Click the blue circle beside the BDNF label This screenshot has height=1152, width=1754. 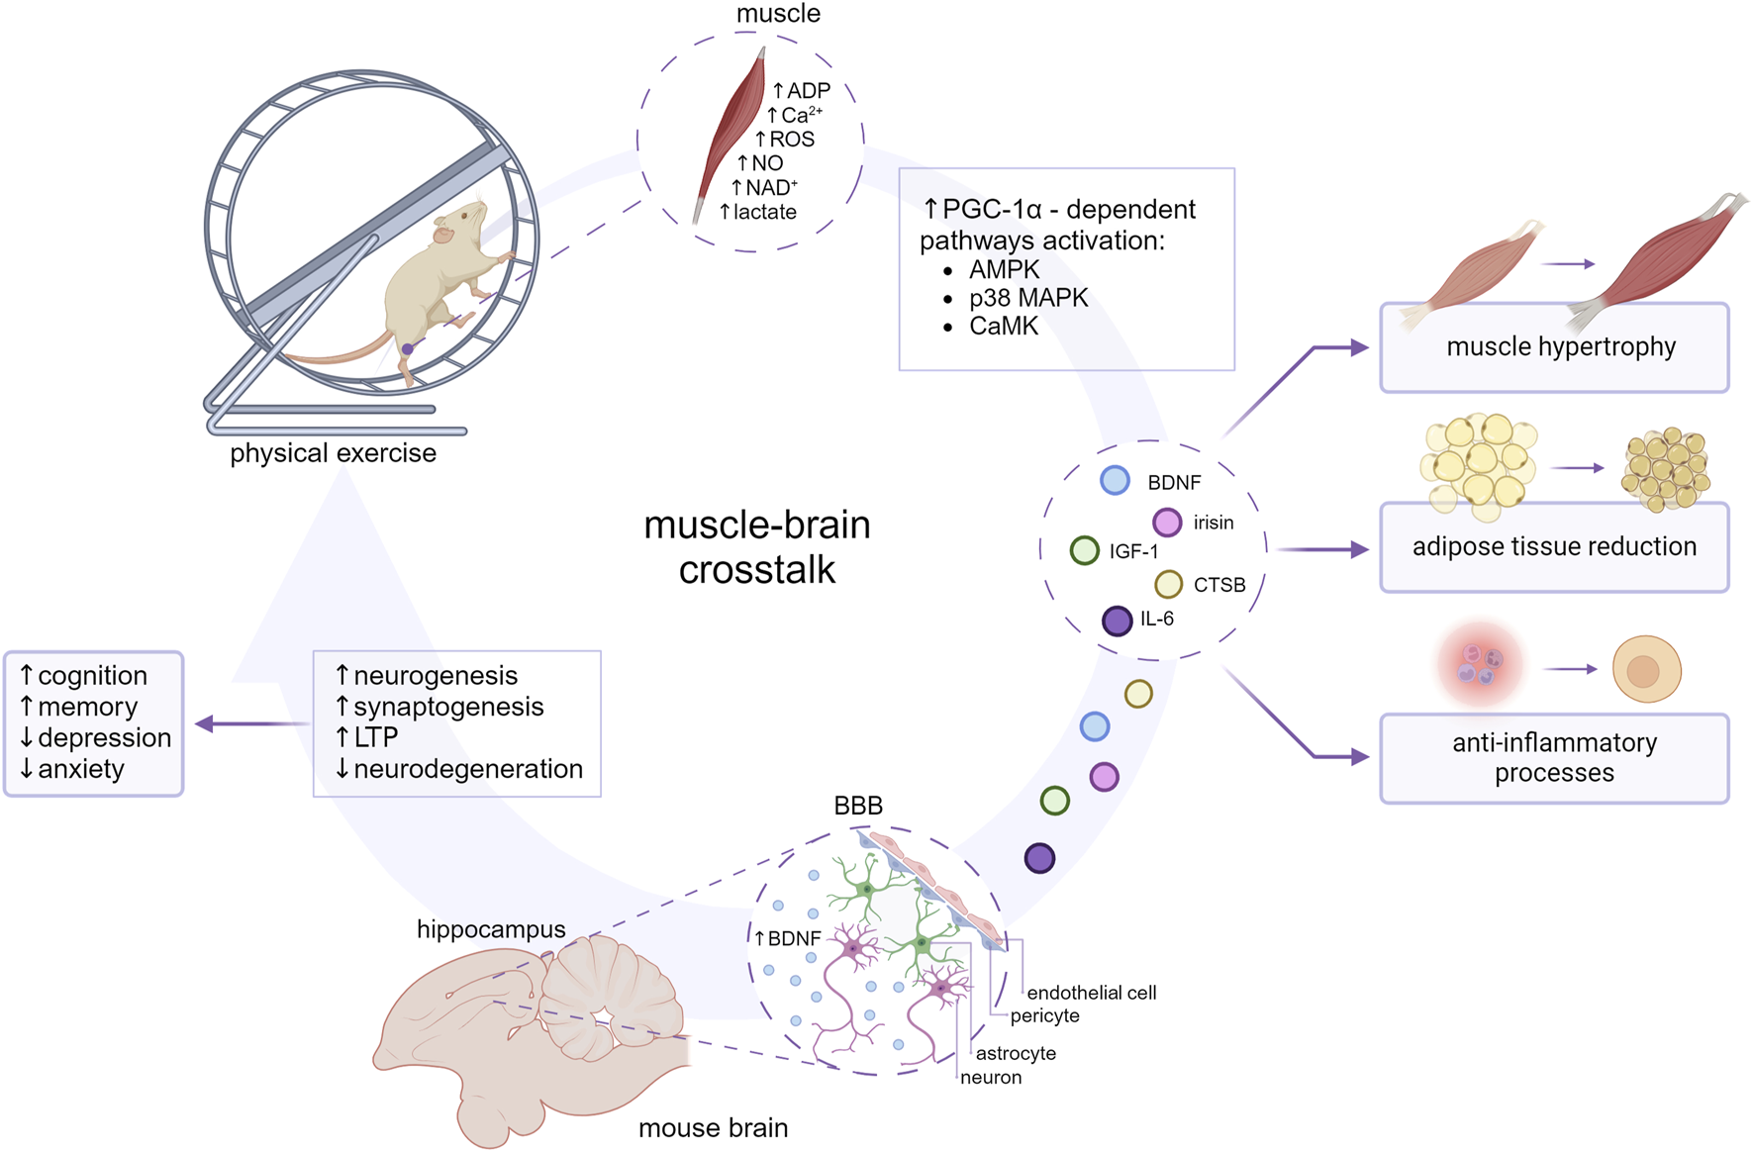1115,480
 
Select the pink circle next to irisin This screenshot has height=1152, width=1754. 1167,522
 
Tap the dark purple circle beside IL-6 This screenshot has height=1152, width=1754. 1117,621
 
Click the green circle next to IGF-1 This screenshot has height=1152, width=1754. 1085,550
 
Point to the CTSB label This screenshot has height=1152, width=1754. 1218,585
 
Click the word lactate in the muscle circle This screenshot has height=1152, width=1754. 764,212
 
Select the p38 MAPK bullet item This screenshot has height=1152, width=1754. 1028,298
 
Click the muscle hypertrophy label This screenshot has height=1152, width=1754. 1561,346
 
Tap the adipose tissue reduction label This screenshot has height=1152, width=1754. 1554,546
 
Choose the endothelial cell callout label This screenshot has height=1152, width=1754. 1091,993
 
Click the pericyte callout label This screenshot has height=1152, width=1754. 1044,1016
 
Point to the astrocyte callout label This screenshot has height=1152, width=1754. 1016,1053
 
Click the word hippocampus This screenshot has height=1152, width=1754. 491,929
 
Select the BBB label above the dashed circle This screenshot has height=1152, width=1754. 858,806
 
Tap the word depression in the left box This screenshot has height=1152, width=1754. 104,737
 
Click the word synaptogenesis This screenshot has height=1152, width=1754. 448,707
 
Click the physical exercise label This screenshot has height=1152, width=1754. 333,453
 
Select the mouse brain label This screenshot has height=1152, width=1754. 713,1127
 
